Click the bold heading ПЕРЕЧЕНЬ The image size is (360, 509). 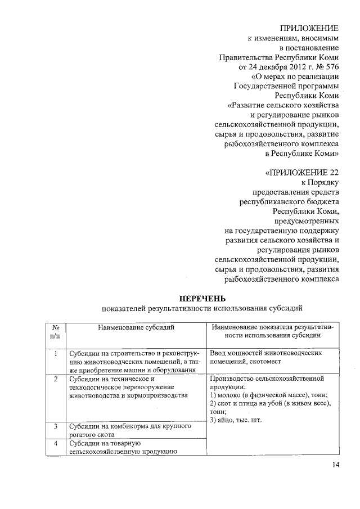coord(201,298)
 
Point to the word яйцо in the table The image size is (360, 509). coord(226,420)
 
